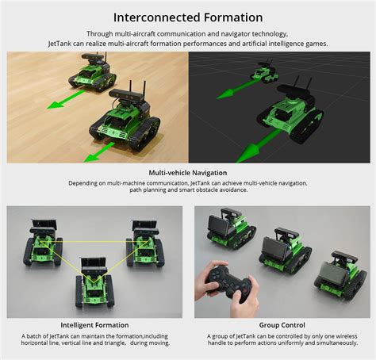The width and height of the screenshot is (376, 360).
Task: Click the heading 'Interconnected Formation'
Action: click(188, 17)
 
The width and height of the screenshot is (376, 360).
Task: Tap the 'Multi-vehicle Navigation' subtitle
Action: click(188, 172)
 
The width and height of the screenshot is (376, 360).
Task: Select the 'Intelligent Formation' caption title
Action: click(94, 325)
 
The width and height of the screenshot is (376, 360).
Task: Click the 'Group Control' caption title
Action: click(282, 325)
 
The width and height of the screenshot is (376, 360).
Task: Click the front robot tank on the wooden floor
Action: click(126, 117)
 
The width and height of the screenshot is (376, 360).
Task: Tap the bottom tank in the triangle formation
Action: click(94, 286)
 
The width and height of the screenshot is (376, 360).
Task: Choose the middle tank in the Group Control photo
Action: click(282, 250)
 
